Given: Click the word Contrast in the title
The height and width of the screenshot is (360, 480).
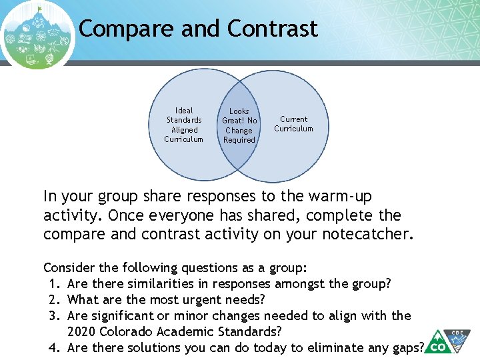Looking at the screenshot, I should (x=272, y=29).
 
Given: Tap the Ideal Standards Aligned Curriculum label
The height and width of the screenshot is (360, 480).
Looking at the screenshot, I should (x=184, y=125).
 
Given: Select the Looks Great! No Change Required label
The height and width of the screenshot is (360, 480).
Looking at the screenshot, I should (x=239, y=125).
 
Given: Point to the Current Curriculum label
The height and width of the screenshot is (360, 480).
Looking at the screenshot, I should (x=293, y=124).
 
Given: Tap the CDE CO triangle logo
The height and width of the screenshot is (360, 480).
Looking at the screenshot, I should (x=446, y=341).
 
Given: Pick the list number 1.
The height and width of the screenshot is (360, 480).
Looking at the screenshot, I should (x=54, y=284).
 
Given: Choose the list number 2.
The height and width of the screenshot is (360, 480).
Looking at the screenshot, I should (x=54, y=300).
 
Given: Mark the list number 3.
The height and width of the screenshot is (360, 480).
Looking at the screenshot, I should (x=54, y=316).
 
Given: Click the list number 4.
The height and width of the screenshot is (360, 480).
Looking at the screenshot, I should (x=54, y=347).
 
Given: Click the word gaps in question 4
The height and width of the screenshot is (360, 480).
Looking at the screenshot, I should (x=406, y=347).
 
